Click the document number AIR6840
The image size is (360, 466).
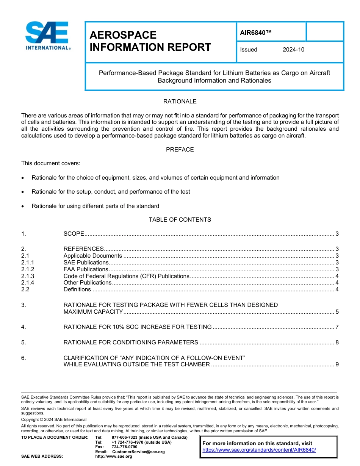pyautogui.click(x=256, y=33)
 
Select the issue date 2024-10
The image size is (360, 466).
pyautogui.click(x=293, y=50)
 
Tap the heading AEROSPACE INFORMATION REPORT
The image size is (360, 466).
pyautogui.click(x=150, y=41)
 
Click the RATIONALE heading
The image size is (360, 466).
pyautogui.click(x=180, y=102)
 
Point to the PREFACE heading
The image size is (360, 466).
pyautogui.click(x=180, y=150)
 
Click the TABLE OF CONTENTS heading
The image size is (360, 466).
pyautogui.click(x=180, y=220)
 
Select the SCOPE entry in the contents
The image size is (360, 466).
pyautogui.click(x=74, y=234)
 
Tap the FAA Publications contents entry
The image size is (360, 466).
pyautogui.click(x=86, y=269)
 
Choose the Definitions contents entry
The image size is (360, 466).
pyautogui.click(x=77, y=289)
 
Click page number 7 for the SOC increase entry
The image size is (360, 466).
pyautogui.click(x=337, y=327)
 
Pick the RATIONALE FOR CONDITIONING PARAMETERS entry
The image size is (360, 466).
pyautogui.click(x=131, y=342)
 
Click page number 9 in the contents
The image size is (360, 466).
pyautogui.click(x=337, y=364)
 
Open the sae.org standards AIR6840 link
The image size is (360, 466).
pyautogui.click(x=259, y=450)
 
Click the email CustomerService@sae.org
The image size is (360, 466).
pyautogui.click(x=138, y=452)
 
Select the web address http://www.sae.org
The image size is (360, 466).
pyautogui.click(x=114, y=457)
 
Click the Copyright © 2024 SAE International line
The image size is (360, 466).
pyautogui.click(x=54, y=419)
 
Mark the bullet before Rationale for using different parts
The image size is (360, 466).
pyautogui.click(x=23, y=206)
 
